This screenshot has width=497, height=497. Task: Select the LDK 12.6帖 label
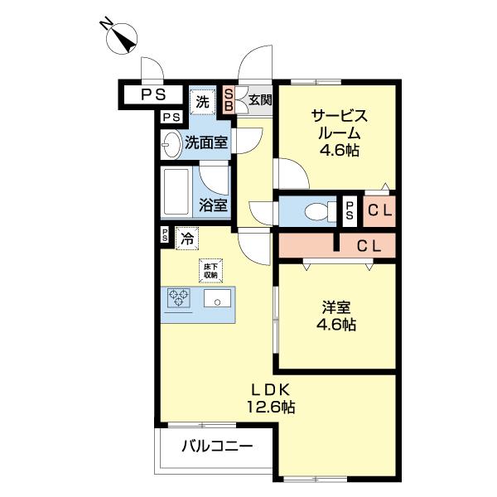270,398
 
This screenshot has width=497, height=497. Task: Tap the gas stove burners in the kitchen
179,298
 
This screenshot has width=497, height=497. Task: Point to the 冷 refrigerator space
187,238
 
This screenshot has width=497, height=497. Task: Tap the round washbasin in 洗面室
171,144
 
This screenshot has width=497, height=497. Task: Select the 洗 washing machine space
203,102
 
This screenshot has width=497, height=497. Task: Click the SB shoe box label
229,100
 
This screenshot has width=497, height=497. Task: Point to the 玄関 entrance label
259,100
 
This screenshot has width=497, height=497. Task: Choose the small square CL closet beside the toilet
380,210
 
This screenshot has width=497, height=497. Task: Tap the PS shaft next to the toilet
350,210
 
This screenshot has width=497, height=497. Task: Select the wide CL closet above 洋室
368,246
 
